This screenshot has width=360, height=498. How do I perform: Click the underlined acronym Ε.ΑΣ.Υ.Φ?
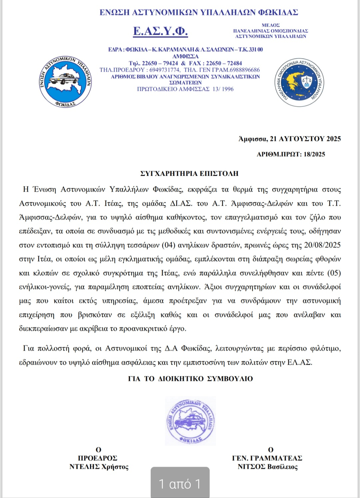[160, 31]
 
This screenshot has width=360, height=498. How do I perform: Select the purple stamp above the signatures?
[190, 421]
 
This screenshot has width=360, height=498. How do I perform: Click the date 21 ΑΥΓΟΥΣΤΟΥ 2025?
[305, 139]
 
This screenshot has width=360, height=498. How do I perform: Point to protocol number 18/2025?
[314, 154]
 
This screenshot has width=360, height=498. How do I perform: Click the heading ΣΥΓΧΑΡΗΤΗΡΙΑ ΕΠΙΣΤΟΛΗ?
[189, 174]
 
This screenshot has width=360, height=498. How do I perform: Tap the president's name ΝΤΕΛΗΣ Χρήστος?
[99, 467]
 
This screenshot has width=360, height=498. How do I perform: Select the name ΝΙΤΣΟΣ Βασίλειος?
[267, 467]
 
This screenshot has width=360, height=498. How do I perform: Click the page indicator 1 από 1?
[180, 484]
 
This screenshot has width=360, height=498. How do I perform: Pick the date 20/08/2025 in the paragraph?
[322, 245]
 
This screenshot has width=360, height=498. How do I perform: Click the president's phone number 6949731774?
[165, 70]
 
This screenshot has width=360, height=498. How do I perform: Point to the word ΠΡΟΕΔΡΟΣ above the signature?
[97, 458]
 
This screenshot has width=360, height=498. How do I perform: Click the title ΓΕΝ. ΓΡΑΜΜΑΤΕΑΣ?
[267, 458]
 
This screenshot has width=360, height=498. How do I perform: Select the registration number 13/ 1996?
[223, 89]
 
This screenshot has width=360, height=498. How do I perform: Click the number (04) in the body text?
[168, 245]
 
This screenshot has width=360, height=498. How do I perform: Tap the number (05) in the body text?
[334, 273]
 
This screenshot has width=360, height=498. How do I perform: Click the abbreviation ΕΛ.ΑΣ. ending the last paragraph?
[300, 362]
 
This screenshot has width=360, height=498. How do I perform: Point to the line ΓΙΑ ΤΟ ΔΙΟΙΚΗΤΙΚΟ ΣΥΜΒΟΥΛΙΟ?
[190, 379]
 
